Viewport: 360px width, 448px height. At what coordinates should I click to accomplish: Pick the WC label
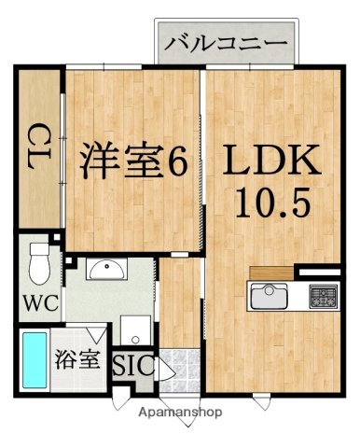38,303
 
